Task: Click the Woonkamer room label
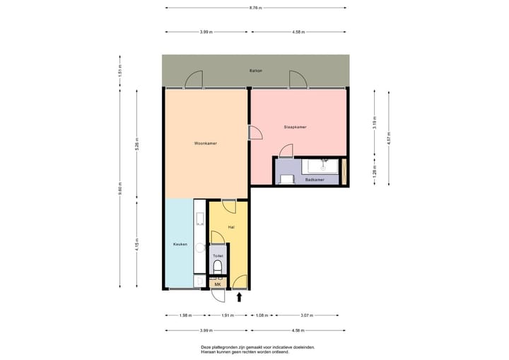click(x=206, y=144)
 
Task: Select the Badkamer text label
click(x=315, y=180)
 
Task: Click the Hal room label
click(x=231, y=227)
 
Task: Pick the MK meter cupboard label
click(x=218, y=284)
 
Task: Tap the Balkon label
click(x=255, y=71)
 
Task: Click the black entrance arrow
click(x=239, y=297)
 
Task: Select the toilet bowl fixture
click(x=218, y=267)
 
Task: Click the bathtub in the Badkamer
click(x=322, y=166)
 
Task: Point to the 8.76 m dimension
click(x=255, y=8)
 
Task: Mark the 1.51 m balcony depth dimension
click(x=120, y=71)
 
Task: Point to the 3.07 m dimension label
click(x=307, y=315)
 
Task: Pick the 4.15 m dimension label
click(x=136, y=245)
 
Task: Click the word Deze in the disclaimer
click(x=206, y=347)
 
